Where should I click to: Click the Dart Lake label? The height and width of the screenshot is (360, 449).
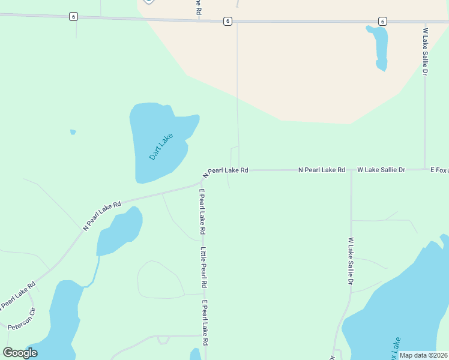pos(161,146)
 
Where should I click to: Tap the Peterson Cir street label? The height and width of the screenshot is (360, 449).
pos(22,319)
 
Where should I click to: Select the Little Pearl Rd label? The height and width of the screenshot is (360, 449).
pos(204,267)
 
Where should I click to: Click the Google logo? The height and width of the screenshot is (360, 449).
pos(20,353)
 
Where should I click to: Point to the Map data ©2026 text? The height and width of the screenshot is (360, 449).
pos(423,355)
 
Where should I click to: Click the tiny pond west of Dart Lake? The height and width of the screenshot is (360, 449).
pos(73,132)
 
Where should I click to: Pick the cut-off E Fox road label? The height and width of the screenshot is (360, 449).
pos(439,170)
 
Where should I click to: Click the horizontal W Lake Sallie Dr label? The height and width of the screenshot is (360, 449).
pos(381,170)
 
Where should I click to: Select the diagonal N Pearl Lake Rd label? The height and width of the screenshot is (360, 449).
pos(102,215)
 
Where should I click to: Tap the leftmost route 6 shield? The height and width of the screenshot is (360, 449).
pos(73,17)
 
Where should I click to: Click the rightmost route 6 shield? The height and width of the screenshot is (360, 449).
pos(382,22)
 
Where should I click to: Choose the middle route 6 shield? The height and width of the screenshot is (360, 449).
pos(228,22)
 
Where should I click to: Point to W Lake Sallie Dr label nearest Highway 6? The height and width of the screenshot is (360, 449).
pos(425,51)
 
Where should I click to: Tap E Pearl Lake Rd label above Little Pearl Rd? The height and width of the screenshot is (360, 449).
pos(203,212)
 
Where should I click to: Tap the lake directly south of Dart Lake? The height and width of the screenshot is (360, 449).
pos(120,231)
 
